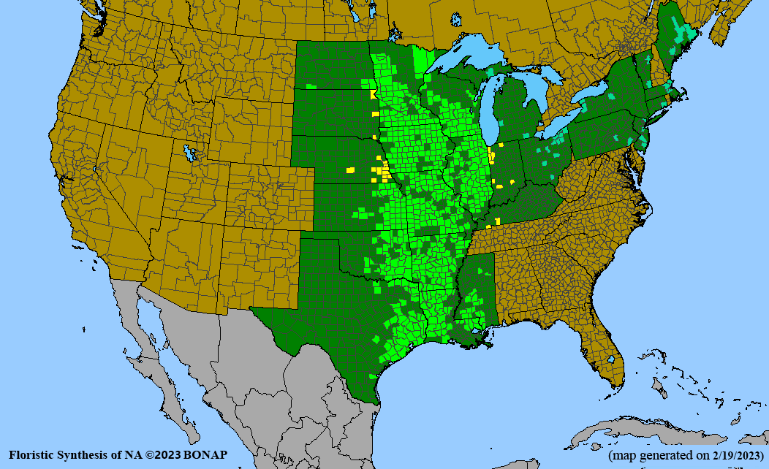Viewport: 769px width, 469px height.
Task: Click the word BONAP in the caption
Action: tap(206, 454)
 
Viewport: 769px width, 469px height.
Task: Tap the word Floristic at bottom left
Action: tap(32, 454)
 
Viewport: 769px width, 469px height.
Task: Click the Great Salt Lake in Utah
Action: tap(191, 153)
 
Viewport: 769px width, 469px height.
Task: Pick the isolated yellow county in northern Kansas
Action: tap(351, 169)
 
